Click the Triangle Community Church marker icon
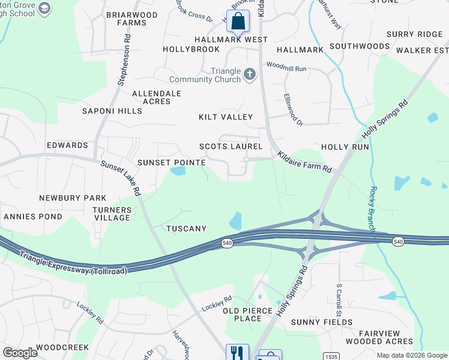(250, 75)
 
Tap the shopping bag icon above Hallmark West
(238, 21)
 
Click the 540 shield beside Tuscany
(227, 242)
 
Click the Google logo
(20, 353)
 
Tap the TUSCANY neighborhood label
(186, 229)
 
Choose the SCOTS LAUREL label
(231, 146)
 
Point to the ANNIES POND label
(32, 216)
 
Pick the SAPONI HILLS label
(113, 111)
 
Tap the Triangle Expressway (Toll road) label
(73, 263)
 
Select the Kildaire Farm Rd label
(304, 163)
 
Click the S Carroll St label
(339, 301)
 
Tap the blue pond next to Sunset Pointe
(178, 171)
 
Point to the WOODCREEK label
(62, 347)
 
